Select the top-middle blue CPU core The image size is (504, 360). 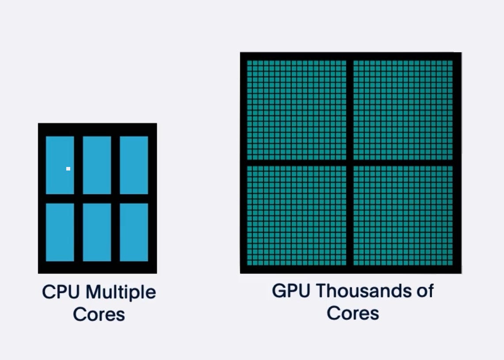click(x=97, y=165)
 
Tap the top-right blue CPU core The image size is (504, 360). click(x=134, y=165)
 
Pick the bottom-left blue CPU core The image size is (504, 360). click(x=60, y=232)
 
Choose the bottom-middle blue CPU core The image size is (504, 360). click(x=97, y=232)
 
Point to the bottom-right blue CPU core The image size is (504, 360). click(x=134, y=232)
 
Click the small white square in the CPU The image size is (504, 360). click(x=68, y=169)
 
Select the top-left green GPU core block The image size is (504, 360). click(x=296, y=110)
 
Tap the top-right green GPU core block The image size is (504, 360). click(x=403, y=110)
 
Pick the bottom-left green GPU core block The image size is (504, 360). click(x=296, y=216)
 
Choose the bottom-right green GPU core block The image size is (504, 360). click(x=403, y=216)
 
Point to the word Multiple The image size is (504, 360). click(x=120, y=292)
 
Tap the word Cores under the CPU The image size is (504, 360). click(x=99, y=315)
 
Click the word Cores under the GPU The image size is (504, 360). click(x=353, y=313)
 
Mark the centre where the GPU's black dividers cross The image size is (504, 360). click(x=350, y=163)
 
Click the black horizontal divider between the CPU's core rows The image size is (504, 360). click(x=97, y=198)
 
